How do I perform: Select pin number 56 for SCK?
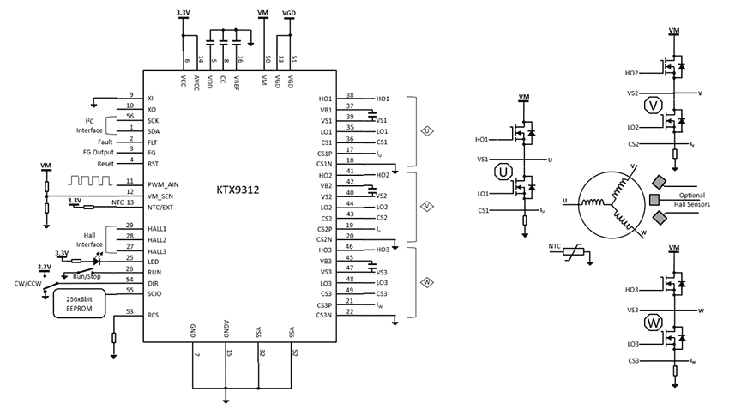(x=130, y=116)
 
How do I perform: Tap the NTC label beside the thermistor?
(x=556, y=249)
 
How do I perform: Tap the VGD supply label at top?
(x=290, y=12)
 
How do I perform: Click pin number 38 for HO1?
(x=350, y=95)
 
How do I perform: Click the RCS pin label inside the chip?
(x=153, y=315)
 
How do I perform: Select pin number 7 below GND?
(x=196, y=353)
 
